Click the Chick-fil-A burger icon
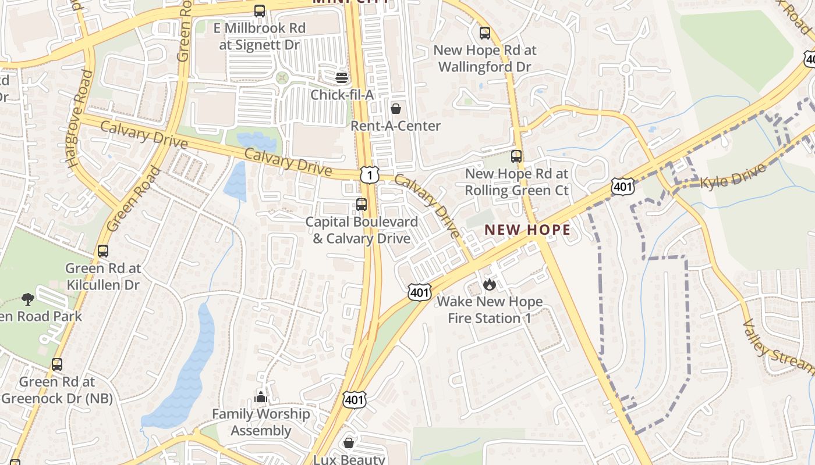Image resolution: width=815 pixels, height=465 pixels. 342,77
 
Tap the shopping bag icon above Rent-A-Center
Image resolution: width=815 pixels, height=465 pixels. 396,109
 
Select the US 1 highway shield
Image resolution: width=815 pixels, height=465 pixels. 369,174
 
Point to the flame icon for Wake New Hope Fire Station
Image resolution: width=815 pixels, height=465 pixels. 489,284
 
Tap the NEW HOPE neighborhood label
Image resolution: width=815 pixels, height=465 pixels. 527,230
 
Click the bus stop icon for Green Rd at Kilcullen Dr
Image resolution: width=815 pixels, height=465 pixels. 103,251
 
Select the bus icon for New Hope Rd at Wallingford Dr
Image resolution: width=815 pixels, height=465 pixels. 485,33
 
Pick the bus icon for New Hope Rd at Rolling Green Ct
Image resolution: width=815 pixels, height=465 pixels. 516,156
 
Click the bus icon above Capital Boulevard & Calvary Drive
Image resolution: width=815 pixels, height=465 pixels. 362,205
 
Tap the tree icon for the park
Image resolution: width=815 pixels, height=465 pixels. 27,299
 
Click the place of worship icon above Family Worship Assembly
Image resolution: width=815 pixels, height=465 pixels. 261,397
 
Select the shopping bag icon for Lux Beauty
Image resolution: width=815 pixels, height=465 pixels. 349,443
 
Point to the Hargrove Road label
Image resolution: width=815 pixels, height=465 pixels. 80,119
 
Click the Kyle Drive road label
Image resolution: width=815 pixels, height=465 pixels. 732,176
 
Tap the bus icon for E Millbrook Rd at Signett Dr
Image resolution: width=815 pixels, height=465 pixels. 260,11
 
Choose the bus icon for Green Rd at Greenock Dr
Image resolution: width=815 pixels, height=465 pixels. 57,364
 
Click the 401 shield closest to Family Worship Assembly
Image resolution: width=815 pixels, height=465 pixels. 354,400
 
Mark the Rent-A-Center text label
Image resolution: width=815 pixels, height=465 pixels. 396,126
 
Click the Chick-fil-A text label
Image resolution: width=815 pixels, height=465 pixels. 342,95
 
